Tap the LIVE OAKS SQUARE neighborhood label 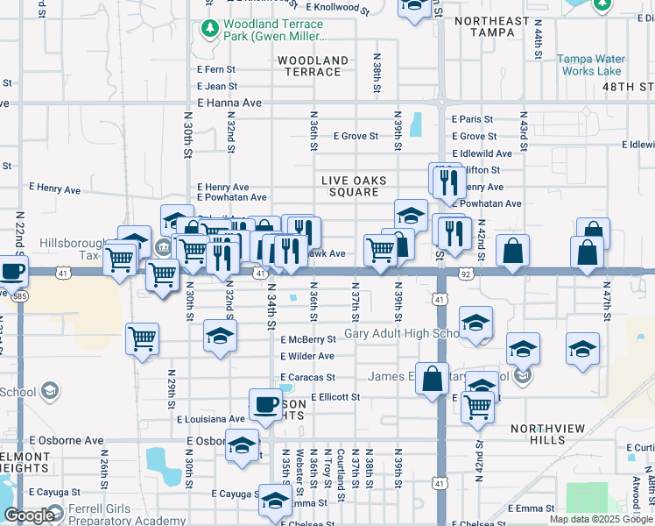click(x=354, y=186)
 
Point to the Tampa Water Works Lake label click(x=591, y=65)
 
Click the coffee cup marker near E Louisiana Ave click(x=264, y=405)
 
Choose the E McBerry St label click(x=308, y=339)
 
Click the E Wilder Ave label click(x=307, y=356)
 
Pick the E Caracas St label click(x=307, y=377)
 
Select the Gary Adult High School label click(x=403, y=334)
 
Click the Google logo click(x=29, y=515)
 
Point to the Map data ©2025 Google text click(x=599, y=519)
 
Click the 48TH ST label click(x=628, y=87)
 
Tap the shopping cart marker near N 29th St click(x=142, y=338)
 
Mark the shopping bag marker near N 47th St click(x=586, y=252)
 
